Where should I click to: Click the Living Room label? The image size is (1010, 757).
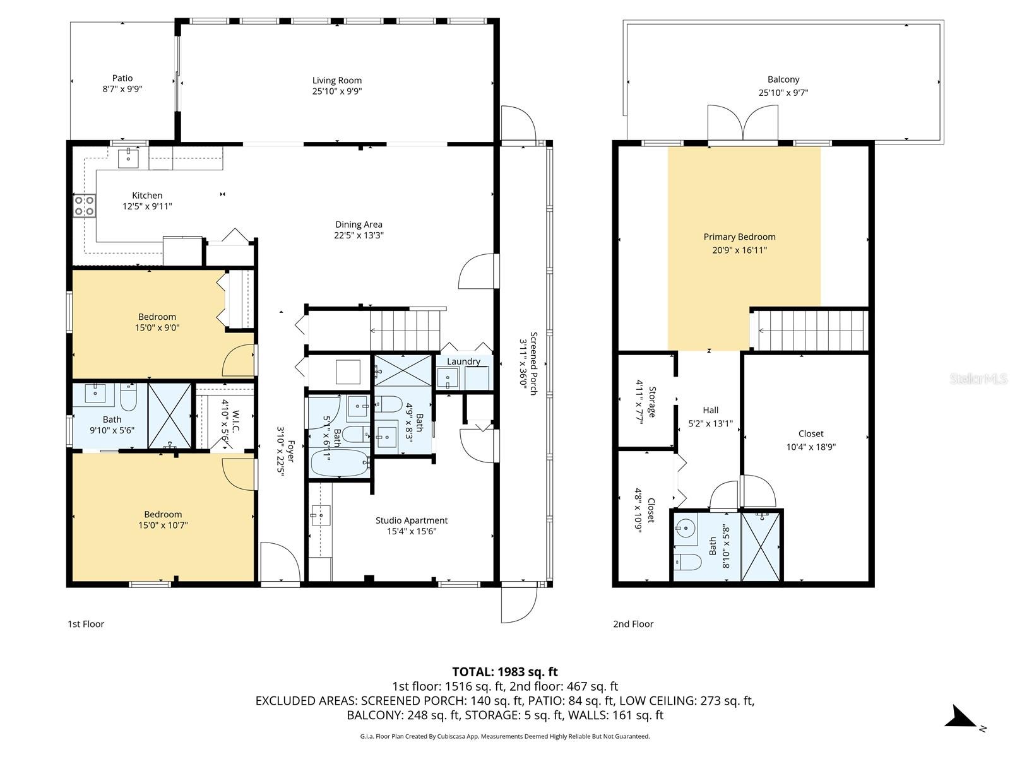click(x=337, y=81)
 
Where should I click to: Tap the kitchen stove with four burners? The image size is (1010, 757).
click(x=85, y=206)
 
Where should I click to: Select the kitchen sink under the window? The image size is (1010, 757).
click(x=128, y=158)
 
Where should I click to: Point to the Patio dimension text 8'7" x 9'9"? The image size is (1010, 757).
click(x=122, y=89)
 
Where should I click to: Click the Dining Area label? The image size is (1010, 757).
click(x=359, y=225)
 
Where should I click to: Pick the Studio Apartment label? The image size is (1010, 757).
click(x=412, y=520)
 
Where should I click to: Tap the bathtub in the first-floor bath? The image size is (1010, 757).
click(x=340, y=463)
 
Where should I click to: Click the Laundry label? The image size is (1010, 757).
click(x=463, y=361)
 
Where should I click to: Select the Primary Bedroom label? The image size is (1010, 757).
click(x=739, y=237)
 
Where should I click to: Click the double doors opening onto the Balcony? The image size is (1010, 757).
click(x=742, y=122)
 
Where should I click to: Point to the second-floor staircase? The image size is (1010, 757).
click(x=811, y=330)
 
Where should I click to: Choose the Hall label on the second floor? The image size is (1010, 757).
click(x=710, y=410)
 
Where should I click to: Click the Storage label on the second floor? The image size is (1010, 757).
click(x=652, y=402)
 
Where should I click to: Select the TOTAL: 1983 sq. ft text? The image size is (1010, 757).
click(x=505, y=672)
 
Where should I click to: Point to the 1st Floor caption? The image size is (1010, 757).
click(x=86, y=624)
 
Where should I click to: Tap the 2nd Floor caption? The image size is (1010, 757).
click(x=633, y=624)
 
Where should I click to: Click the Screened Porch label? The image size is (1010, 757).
click(x=534, y=363)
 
